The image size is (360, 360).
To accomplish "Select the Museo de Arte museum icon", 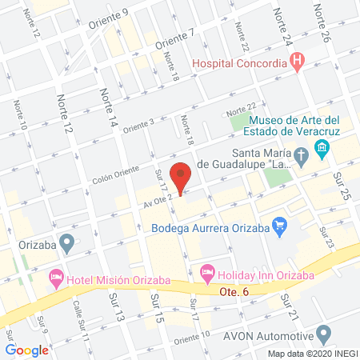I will click(322, 147).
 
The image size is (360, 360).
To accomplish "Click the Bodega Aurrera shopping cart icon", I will click(278, 226).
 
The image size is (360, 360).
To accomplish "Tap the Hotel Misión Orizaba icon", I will click(56, 277).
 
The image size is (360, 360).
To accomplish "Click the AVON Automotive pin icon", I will click(323, 333).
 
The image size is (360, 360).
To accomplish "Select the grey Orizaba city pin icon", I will click(66, 242).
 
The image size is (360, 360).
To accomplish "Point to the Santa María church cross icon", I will click(301, 154).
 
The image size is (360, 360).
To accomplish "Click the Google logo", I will click(27, 350).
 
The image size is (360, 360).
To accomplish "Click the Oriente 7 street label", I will click(175, 37).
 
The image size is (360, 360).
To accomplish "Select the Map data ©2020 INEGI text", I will click(311, 353).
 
